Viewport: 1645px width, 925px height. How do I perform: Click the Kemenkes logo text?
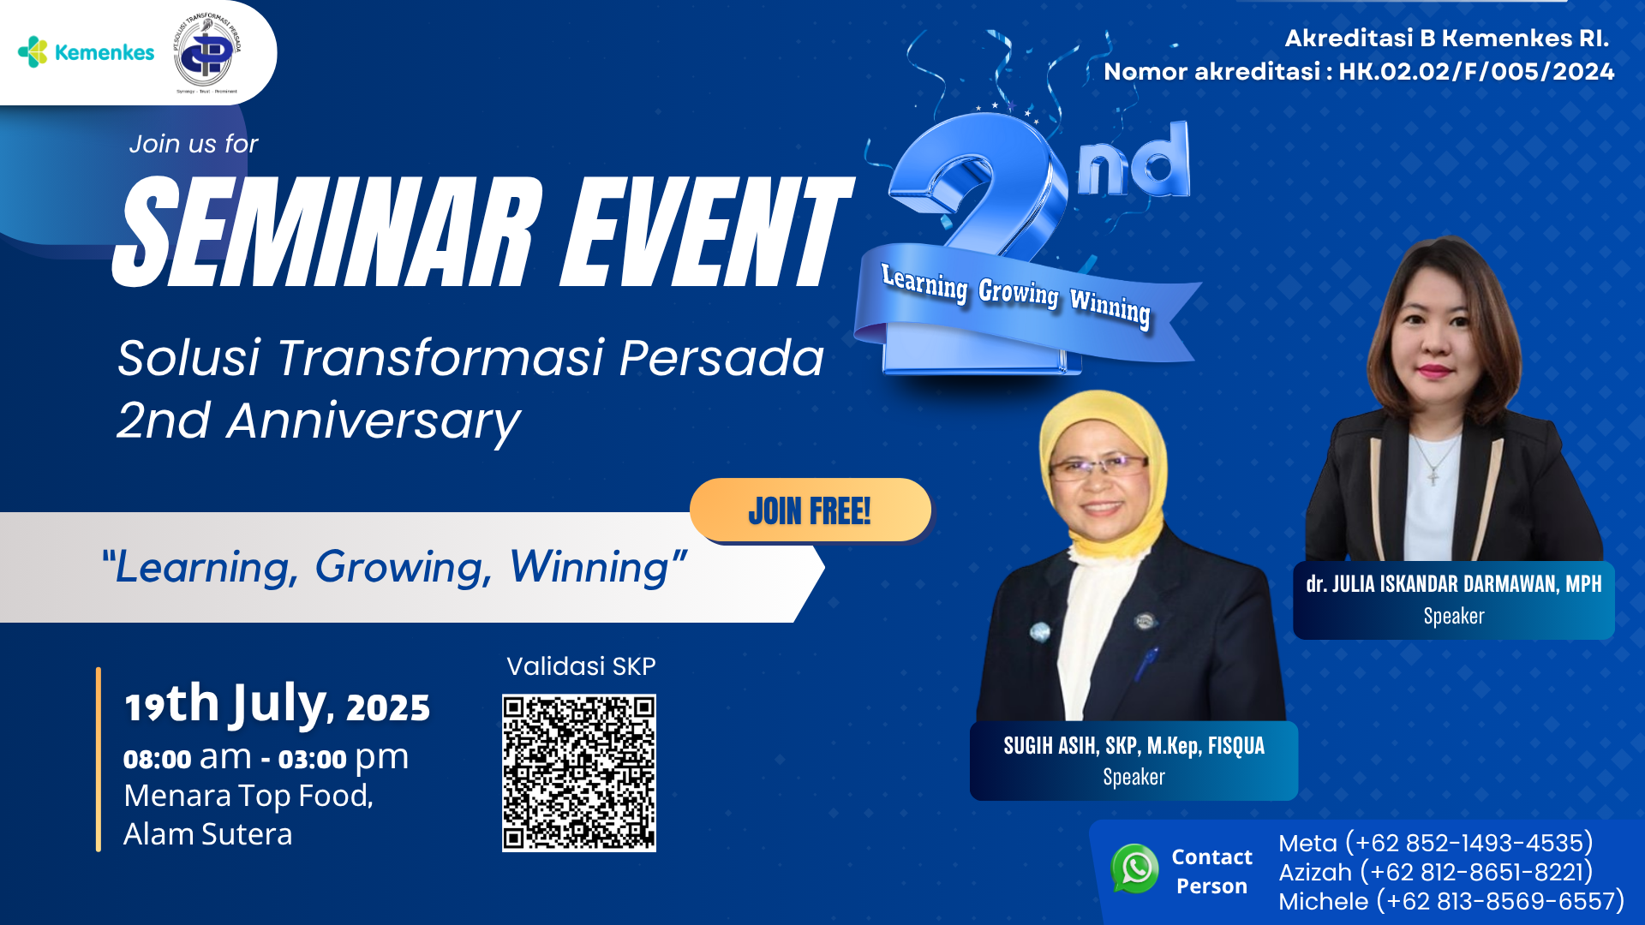click(105, 52)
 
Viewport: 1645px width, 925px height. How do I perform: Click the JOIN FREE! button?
click(811, 510)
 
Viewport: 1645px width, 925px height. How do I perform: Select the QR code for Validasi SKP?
click(579, 773)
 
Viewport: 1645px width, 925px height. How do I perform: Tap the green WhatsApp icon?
click(1135, 868)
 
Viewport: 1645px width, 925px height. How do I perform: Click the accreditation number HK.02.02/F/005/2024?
click(1476, 71)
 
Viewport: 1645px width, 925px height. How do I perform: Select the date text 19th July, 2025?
click(278, 705)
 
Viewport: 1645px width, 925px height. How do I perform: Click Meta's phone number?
click(1469, 843)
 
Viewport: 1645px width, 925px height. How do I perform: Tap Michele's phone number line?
click(1451, 901)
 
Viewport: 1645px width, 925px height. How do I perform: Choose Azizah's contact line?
click(1436, 872)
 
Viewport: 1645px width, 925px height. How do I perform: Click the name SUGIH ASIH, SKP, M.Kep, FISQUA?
click(1134, 746)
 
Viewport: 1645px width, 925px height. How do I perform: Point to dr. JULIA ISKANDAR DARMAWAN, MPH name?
click(1454, 584)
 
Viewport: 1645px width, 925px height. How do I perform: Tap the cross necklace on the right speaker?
click(1433, 473)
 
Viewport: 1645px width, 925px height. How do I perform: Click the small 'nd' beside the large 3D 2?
click(1134, 160)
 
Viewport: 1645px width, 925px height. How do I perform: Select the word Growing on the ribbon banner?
click(1019, 293)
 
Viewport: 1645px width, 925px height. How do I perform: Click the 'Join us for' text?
click(194, 144)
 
